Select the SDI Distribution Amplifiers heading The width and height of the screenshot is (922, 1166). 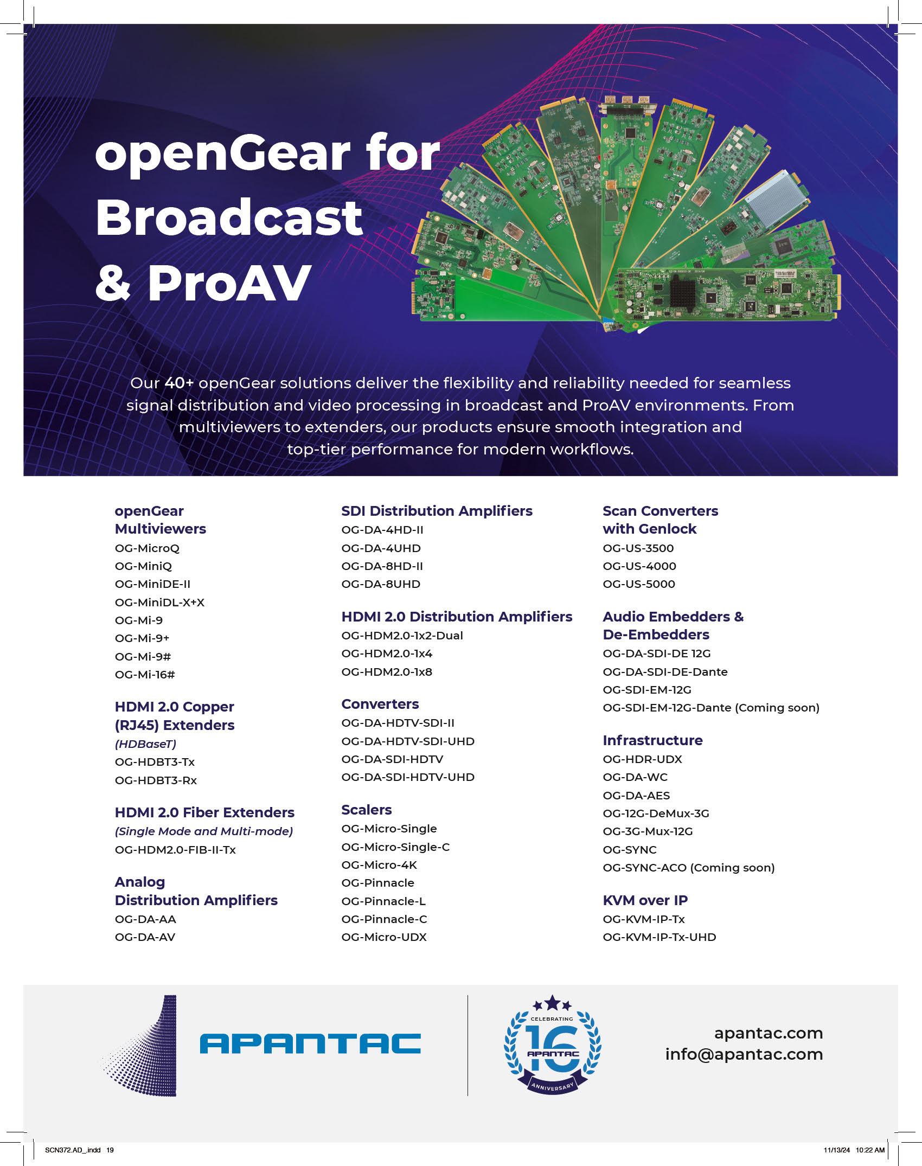coord(437,511)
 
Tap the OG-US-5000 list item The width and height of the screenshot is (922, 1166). coord(639,584)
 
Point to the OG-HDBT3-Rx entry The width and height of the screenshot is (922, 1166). coord(156,780)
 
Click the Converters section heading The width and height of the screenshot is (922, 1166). coord(380,704)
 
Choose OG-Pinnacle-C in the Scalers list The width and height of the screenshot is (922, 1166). coord(384,919)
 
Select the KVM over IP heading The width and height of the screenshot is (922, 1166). coord(645,900)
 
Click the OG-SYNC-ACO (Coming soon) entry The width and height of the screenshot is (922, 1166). coord(688,868)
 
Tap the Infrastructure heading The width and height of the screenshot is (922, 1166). coord(652,740)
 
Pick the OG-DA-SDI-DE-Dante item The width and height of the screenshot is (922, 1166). coord(665,672)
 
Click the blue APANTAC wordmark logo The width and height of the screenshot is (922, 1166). coord(310,1043)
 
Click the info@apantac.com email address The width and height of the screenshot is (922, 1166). coord(744,1054)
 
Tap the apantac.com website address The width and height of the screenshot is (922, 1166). coord(768,1033)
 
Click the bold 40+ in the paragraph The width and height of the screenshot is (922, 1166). coord(179,383)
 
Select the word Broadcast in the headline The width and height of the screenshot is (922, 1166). coord(228,217)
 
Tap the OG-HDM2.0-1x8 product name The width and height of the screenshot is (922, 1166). coord(387,672)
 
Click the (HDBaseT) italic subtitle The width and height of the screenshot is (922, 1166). coord(145,744)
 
